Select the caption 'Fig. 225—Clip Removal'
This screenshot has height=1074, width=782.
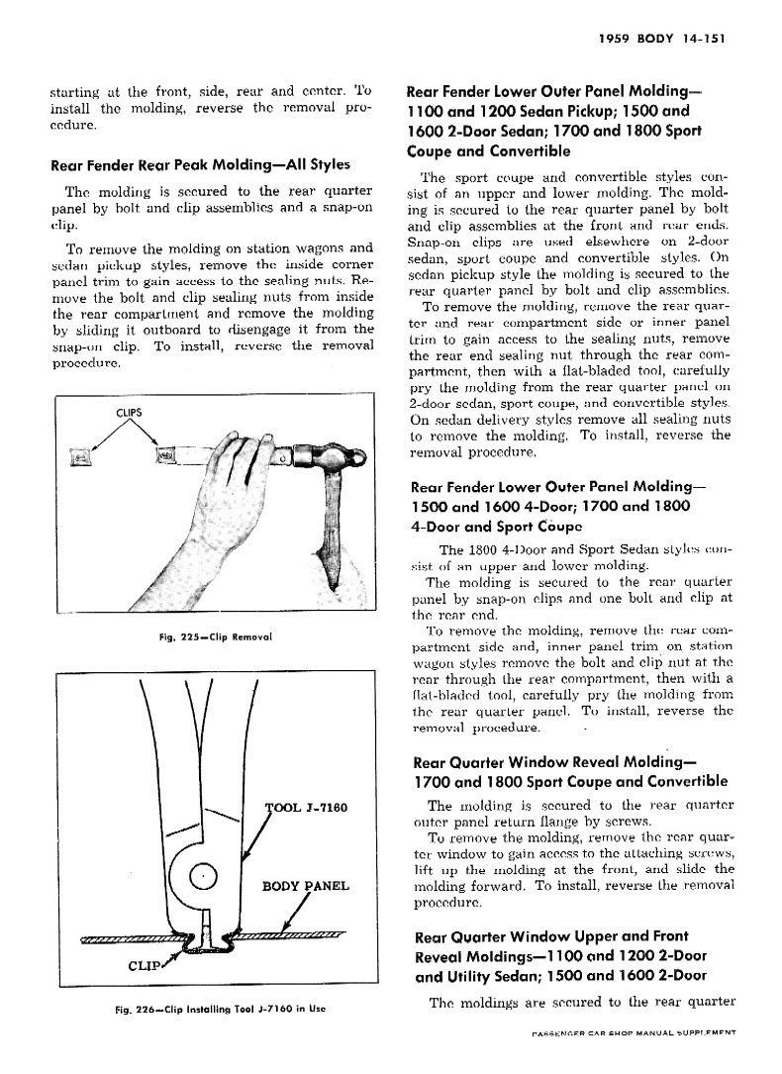pos(215,635)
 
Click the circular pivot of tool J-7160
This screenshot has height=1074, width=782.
pos(203,876)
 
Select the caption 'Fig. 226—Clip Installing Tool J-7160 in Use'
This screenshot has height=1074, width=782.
pos(216,1010)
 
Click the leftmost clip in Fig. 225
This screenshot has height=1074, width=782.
pos(83,455)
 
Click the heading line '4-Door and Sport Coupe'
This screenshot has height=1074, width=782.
pos(495,526)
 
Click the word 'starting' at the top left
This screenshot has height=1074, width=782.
pos(75,92)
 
